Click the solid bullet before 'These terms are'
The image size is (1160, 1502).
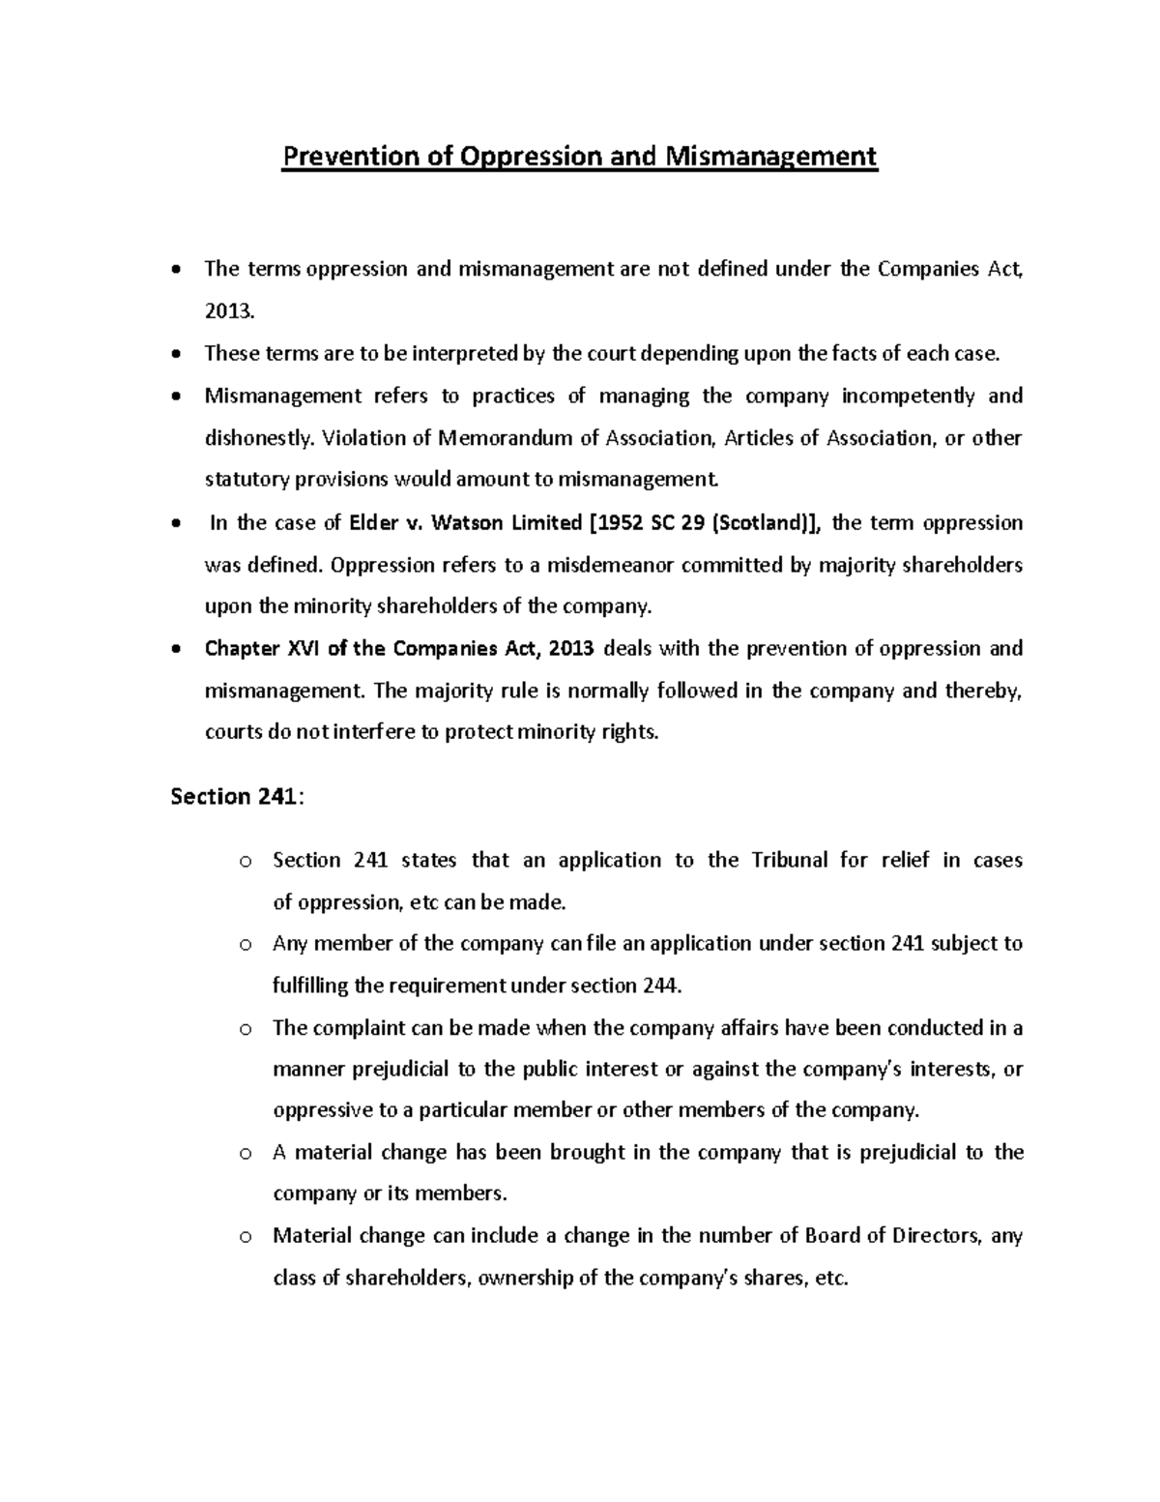(175, 354)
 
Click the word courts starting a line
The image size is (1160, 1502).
(234, 731)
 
